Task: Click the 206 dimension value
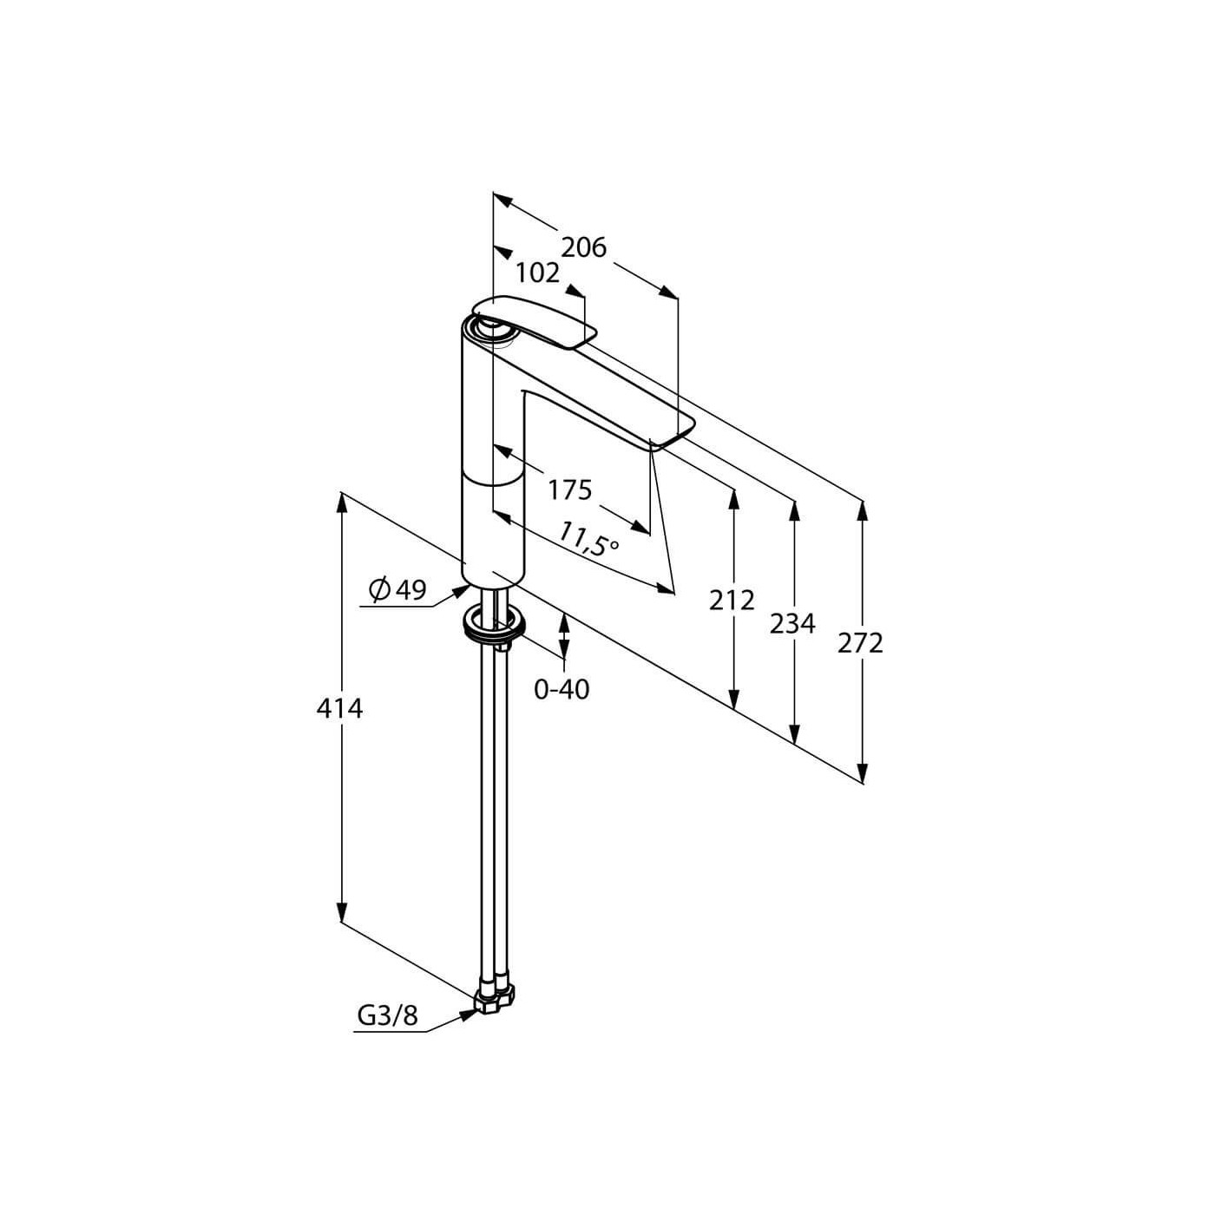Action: pos(583,248)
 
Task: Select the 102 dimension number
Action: pos(538,273)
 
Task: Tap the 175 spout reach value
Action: pos(570,489)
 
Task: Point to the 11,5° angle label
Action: pos(587,538)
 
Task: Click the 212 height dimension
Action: pos(732,601)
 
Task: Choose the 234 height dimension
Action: pos(792,624)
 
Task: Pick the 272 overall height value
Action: pos(860,643)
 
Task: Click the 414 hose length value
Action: pos(340,709)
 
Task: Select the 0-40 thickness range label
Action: pos(562,690)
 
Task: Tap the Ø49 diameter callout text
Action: pos(397,590)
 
